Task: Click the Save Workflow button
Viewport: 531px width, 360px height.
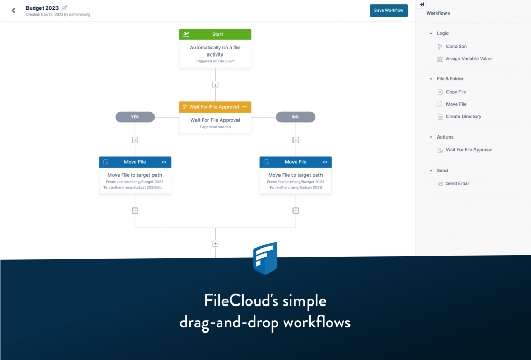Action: pos(388,10)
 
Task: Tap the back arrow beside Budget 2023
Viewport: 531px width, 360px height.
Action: pos(13,10)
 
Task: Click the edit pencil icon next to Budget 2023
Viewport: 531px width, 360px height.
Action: pos(65,8)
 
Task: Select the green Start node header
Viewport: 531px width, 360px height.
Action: pos(215,34)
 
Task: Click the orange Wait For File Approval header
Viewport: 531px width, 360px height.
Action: pos(214,107)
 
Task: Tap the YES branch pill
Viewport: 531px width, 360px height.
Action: pos(135,117)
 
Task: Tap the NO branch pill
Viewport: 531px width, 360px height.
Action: pos(296,117)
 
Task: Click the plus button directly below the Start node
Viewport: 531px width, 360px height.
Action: pos(215,85)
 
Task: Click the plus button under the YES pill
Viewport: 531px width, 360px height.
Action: pos(135,140)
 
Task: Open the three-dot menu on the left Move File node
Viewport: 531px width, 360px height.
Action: pos(164,162)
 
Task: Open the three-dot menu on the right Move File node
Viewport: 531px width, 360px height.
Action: pos(325,162)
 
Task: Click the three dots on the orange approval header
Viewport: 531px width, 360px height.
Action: pos(244,107)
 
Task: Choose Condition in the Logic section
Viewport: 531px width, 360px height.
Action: pos(456,47)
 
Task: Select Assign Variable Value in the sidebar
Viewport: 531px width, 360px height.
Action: pos(468,59)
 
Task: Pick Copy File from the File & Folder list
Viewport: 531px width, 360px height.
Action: pos(456,92)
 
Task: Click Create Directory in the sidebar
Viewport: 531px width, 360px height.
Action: pos(463,117)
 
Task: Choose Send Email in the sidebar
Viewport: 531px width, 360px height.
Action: pos(457,183)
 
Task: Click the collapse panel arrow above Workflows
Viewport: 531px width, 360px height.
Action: pos(422,4)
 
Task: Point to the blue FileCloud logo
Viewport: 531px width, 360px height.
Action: pos(265,258)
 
